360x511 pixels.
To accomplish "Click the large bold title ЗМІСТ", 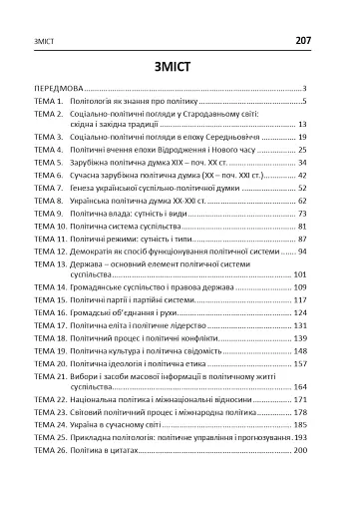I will [180, 67].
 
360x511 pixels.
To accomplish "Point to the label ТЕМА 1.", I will [47, 101].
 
